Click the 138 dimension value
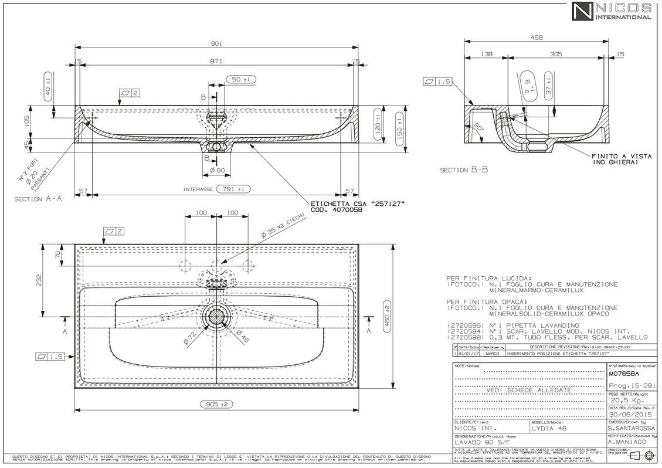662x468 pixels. (x=486, y=54)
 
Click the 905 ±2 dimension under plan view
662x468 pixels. (x=217, y=404)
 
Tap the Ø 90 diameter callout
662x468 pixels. (x=217, y=171)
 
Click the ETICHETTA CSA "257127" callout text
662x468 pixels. (x=357, y=203)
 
